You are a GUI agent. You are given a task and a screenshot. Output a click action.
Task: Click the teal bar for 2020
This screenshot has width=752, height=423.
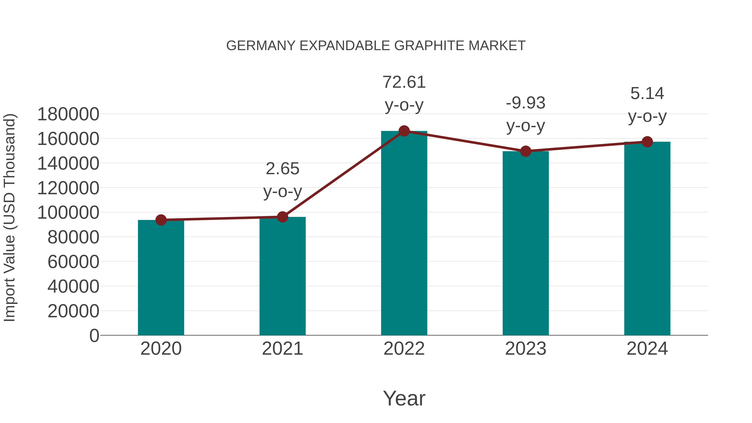tap(161, 277)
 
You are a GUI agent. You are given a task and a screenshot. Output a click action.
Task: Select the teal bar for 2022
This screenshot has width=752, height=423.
tap(404, 234)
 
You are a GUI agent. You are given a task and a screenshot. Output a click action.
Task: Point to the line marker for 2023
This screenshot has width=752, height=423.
tap(526, 151)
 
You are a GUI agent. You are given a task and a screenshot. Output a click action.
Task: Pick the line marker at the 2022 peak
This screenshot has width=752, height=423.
tap(404, 131)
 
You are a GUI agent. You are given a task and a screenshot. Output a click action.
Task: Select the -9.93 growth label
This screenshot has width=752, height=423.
tap(526, 103)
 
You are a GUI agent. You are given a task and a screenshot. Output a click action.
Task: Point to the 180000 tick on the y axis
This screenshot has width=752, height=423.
tap(68, 114)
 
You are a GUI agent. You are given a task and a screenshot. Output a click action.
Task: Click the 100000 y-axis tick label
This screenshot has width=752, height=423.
tap(68, 212)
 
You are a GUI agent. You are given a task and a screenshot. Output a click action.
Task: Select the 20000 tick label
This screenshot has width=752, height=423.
tap(73, 311)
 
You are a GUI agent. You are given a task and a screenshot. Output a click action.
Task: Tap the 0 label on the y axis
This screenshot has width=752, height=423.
tap(94, 335)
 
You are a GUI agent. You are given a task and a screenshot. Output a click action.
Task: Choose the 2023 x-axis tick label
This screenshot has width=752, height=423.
tap(526, 349)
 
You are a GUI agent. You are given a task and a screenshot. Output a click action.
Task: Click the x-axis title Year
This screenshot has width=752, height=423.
tap(404, 398)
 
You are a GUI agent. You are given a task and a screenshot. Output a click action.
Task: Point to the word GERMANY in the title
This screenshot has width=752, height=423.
tap(261, 46)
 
